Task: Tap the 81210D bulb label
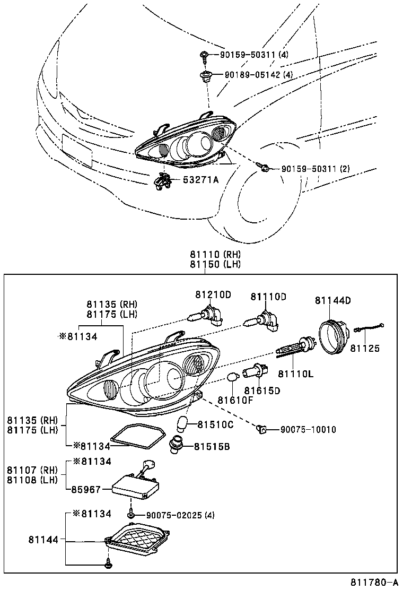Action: click(213, 296)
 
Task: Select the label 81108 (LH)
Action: click(31, 480)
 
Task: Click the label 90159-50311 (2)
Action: click(316, 169)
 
